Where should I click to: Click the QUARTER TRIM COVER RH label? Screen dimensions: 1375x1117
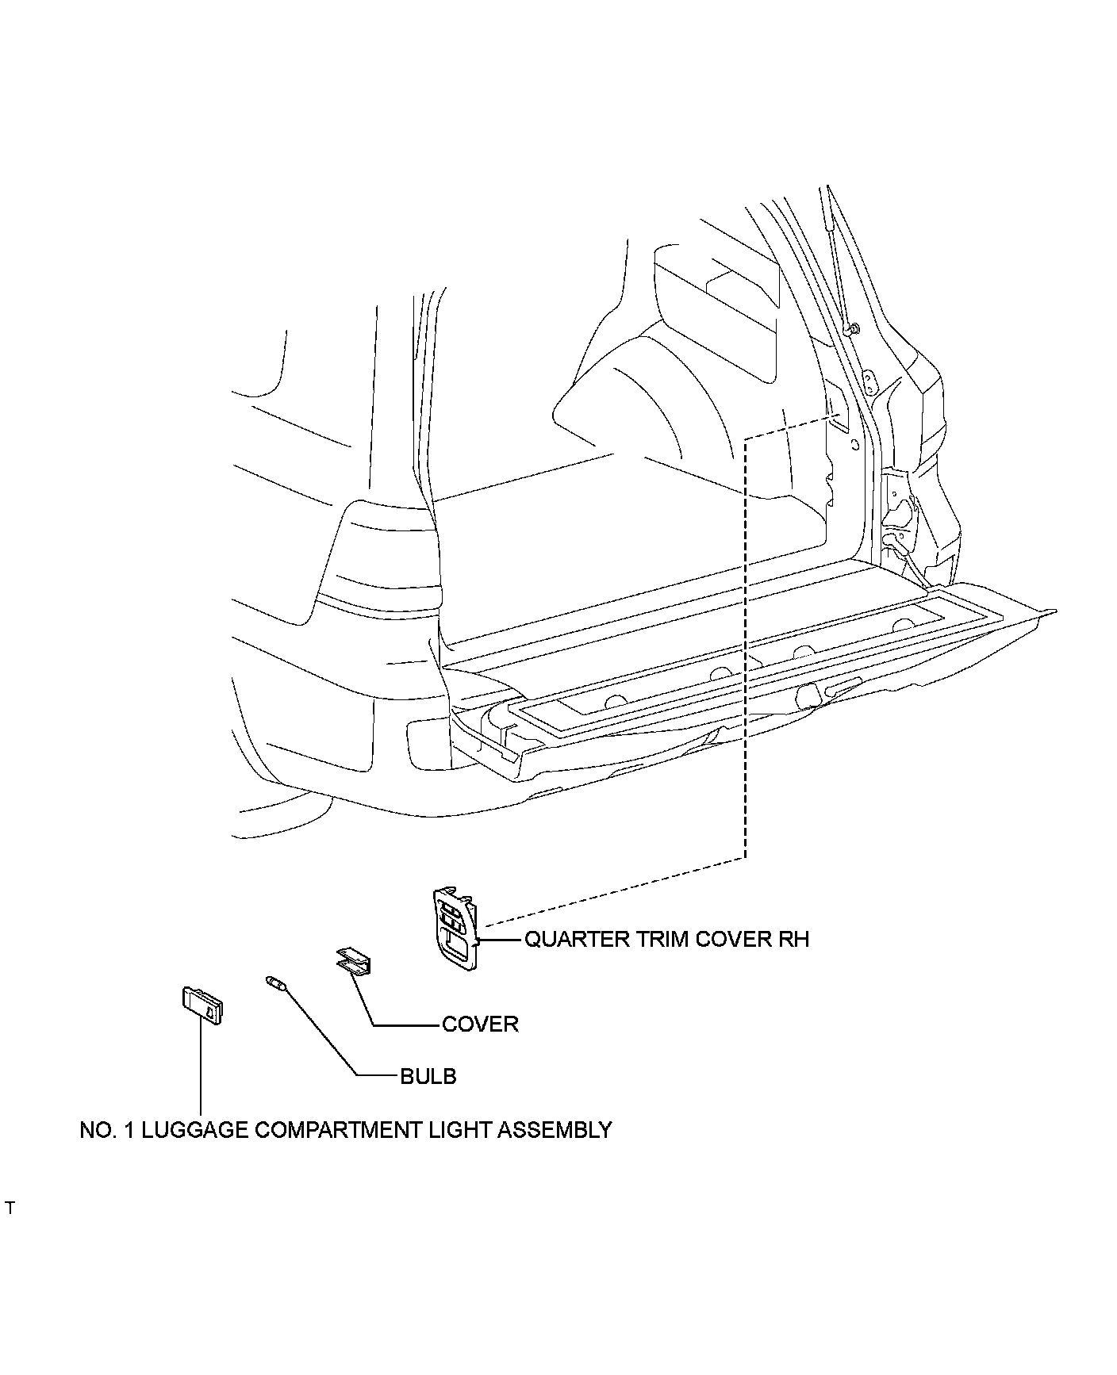[666, 939]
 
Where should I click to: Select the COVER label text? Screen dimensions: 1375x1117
[480, 1024]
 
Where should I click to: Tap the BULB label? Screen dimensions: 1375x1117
[428, 1076]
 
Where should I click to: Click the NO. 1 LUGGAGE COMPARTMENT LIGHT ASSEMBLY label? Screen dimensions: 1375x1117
[346, 1129]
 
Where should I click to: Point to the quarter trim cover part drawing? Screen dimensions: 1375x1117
[457, 929]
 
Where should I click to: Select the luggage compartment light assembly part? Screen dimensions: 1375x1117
[202, 1005]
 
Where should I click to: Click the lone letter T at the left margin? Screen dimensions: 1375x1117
[10, 1231]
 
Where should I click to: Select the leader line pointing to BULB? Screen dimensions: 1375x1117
[333, 1039]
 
